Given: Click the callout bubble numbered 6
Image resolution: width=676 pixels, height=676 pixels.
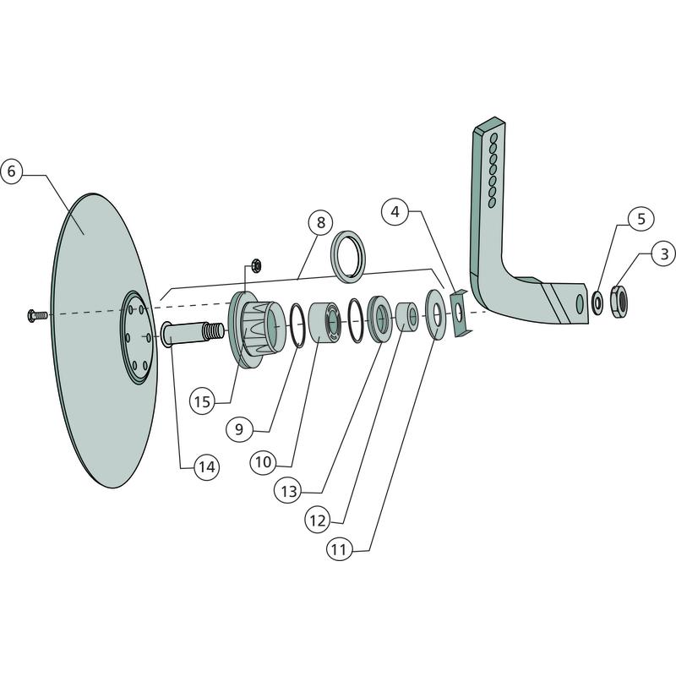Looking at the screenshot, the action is (11, 172).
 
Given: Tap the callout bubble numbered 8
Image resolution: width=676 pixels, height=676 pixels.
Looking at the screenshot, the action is (321, 222).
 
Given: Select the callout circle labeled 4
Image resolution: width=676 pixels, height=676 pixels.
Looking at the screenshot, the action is (395, 212).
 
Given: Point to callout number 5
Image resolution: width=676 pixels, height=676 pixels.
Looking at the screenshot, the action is (641, 219).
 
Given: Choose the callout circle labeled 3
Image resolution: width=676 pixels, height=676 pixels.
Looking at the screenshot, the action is (664, 253).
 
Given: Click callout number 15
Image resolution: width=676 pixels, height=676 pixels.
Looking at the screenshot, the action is (202, 402).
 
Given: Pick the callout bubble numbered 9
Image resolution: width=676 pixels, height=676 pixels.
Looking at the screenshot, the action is (239, 429).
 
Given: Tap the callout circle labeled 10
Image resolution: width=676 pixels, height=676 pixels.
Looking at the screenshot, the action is (263, 462).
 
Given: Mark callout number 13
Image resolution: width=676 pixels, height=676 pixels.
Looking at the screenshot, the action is (289, 491).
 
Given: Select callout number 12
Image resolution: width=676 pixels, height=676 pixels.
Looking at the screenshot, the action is (318, 521).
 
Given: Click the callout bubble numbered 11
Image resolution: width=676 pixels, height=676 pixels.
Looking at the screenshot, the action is (340, 550).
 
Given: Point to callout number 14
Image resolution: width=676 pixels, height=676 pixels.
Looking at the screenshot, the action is (207, 467).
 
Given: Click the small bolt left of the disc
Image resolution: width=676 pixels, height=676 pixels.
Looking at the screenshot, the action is (36, 315).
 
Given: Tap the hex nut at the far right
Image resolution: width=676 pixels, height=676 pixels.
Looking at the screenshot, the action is (619, 302).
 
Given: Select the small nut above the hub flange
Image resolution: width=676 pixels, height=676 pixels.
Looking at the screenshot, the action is (256, 265).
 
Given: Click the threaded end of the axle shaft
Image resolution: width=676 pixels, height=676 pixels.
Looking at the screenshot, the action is (214, 330).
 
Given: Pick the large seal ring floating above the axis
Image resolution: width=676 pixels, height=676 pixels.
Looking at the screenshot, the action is (348, 257).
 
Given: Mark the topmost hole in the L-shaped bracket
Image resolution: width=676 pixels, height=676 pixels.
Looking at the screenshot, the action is (494, 138).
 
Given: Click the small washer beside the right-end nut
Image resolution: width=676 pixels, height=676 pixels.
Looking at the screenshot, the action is (597, 303).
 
